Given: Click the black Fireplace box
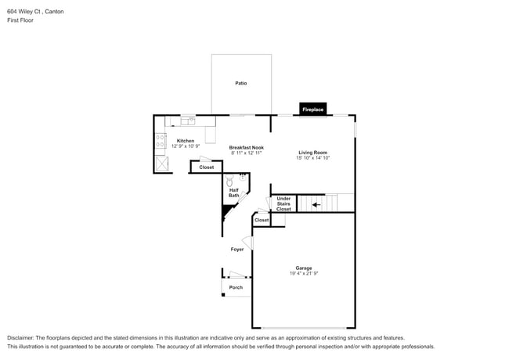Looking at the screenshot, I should [x=313, y=110].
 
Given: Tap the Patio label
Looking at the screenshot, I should [x=241, y=83].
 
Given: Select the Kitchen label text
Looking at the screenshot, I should [x=186, y=141].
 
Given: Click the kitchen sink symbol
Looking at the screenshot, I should [x=188, y=121].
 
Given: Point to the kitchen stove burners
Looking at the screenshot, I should [x=160, y=142].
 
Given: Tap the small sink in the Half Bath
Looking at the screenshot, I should [x=244, y=177].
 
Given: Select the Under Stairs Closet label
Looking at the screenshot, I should [x=283, y=203].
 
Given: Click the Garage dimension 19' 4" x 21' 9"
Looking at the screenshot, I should [x=303, y=273].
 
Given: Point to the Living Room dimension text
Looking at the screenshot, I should [x=312, y=158].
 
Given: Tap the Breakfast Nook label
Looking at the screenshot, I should [x=246, y=147].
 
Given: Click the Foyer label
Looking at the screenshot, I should [x=236, y=250].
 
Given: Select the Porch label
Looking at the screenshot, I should [x=236, y=287].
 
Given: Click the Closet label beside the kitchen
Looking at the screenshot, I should [x=206, y=167].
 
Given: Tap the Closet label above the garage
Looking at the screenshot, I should [x=262, y=220].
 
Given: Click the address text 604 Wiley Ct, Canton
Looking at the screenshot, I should [x=35, y=12].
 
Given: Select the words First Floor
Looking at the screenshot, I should [x=20, y=20].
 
